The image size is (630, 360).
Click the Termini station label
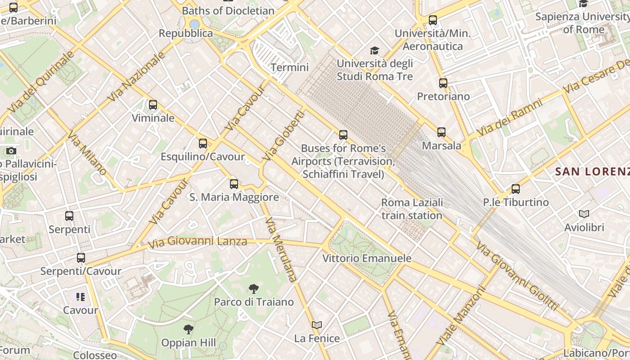coord(289,67)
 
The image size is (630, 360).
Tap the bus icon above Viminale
coord(153,105)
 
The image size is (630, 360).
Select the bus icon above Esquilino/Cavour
coord(203,144)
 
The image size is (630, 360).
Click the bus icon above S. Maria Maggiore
coord(234,184)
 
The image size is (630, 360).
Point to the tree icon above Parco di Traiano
coord(254,288)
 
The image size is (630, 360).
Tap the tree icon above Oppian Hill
coord(188,329)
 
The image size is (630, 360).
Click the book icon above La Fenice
coord(317,325)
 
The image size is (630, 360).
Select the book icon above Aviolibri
coord(584,214)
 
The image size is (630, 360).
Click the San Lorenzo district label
coord(592,171)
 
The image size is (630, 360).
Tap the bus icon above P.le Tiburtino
coord(516,189)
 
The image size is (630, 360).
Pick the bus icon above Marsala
coord(441,132)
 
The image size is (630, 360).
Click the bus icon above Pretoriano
coord(443,83)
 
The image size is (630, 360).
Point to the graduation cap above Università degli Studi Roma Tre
coord(374,50)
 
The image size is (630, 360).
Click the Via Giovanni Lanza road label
coord(198,242)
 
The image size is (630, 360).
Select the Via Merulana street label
coord(281,250)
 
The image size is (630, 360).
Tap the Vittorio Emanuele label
coord(367,258)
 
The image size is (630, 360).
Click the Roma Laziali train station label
coord(412,209)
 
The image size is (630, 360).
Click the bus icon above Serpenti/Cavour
coord(81,258)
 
